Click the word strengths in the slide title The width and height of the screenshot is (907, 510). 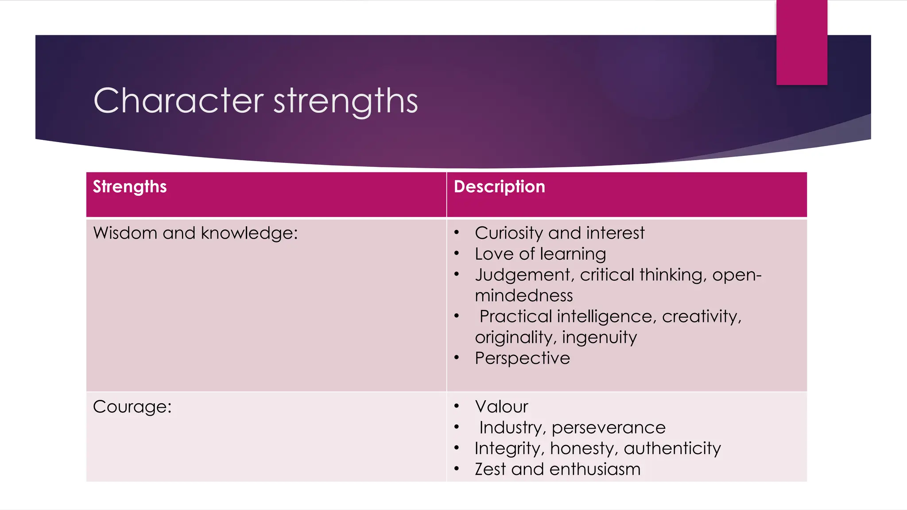pyautogui.click(x=345, y=101)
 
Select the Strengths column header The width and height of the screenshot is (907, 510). pyautogui.click(x=130, y=187)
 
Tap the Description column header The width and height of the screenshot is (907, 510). pyautogui.click(x=499, y=187)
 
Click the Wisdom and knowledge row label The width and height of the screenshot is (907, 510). pyautogui.click(x=195, y=233)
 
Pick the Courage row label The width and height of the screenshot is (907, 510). pyautogui.click(x=132, y=407)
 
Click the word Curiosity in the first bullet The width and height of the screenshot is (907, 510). pyautogui.click(x=509, y=233)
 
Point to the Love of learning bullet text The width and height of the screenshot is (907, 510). pyautogui.click(x=540, y=254)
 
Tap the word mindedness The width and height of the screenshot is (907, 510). pyautogui.click(x=523, y=295)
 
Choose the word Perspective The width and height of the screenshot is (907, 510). pyautogui.click(x=522, y=358)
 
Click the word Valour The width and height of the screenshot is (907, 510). pyautogui.click(x=501, y=407)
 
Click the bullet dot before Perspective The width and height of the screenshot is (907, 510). pyautogui.click(x=457, y=358)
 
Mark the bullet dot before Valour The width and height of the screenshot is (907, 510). pyautogui.click(x=457, y=406)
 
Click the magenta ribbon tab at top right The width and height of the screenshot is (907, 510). pyautogui.click(x=802, y=42)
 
